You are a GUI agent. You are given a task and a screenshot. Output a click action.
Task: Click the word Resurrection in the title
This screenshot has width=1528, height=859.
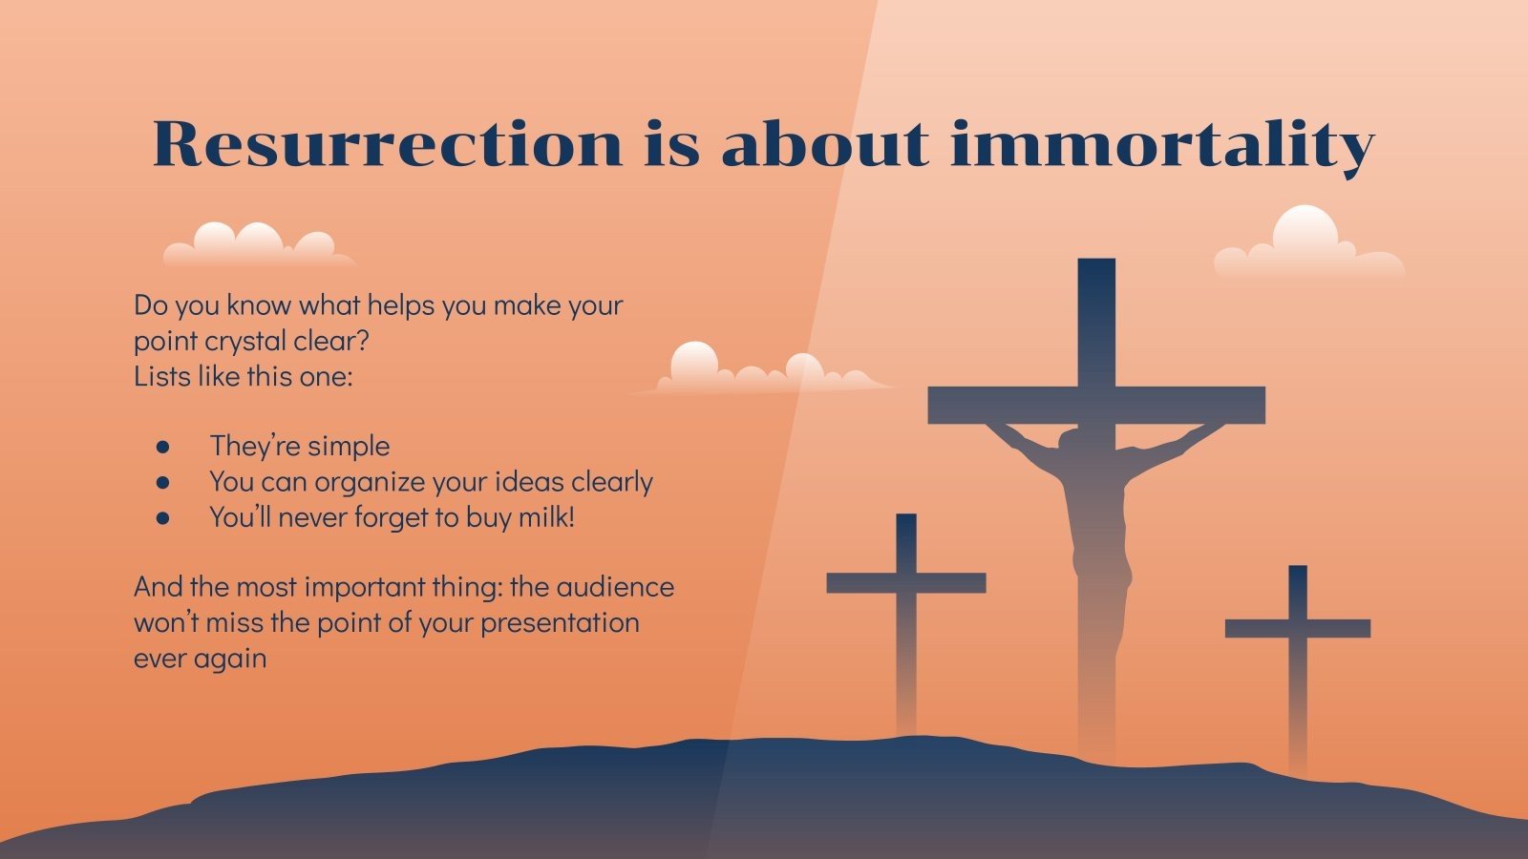[387, 145]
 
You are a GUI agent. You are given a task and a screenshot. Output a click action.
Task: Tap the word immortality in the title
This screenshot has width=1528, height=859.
[1162, 145]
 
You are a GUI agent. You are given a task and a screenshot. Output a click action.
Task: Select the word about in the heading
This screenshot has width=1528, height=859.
[823, 145]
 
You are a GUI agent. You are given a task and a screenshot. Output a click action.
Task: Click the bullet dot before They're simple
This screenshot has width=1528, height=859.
[163, 447]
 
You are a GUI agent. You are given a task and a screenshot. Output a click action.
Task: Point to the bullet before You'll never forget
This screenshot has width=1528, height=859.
[163, 518]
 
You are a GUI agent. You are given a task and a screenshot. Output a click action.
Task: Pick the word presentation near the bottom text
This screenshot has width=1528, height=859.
[560, 622]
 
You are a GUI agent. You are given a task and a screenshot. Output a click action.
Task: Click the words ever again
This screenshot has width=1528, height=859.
[200, 658]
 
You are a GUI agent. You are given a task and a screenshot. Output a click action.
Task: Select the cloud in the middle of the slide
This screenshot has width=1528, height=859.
[764, 370]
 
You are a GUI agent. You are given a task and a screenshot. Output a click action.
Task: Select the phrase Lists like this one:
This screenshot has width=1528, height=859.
[243, 376]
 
